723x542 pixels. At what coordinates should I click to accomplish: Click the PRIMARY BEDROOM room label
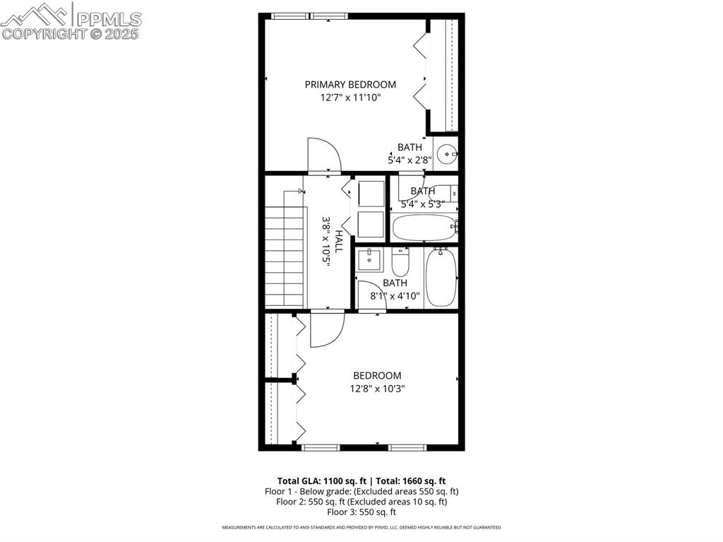pos(350,85)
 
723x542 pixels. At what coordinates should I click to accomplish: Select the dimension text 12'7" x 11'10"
pos(350,98)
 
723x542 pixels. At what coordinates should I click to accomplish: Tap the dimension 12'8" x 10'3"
pos(377,389)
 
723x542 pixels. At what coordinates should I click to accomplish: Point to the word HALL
pos(339,242)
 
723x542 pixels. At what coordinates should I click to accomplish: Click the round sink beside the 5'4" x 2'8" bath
pos(446,153)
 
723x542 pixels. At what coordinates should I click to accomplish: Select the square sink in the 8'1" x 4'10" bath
pos(369,259)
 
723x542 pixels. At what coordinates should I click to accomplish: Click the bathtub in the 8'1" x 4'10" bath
pos(442,277)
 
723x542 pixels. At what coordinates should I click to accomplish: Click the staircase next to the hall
pos(285,253)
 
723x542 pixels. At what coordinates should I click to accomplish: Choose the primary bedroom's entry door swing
pos(323,155)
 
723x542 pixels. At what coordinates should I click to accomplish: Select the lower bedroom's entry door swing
pos(326,329)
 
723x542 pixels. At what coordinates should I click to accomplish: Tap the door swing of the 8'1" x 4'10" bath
pos(368,293)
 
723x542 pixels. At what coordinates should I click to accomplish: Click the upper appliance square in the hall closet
pos(371,194)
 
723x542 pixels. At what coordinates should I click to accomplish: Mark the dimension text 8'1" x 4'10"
pos(395,296)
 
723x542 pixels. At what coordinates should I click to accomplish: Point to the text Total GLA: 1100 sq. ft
pos(322,480)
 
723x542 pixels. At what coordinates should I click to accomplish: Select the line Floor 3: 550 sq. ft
pos(361,512)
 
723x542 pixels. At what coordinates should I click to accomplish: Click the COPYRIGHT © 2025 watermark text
pos(71,33)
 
